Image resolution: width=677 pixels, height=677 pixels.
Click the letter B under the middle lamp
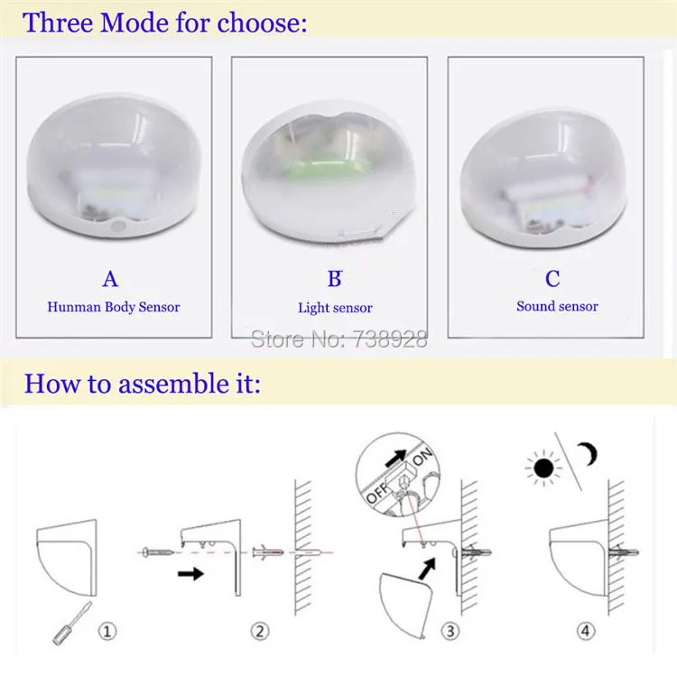tap(335, 279)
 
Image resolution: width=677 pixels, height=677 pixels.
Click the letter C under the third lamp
tap(553, 278)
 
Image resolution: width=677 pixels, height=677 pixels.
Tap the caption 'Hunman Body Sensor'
tap(114, 307)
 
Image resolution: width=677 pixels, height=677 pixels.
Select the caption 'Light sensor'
tap(335, 308)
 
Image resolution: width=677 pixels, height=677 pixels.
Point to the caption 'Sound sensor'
tap(557, 306)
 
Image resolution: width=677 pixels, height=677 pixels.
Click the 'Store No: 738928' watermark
tap(338, 339)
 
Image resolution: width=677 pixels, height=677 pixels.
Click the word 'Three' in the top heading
tap(58, 23)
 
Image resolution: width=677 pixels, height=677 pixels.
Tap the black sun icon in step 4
tap(543, 468)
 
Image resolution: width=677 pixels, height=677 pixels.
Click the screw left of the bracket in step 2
tap(156, 551)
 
